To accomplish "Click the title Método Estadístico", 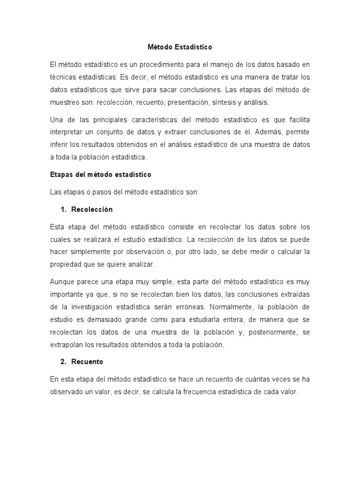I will pos(180,47).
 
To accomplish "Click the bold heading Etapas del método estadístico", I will pos(101,174).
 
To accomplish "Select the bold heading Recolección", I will pos(92,209).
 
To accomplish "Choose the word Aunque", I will pos(62,282).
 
